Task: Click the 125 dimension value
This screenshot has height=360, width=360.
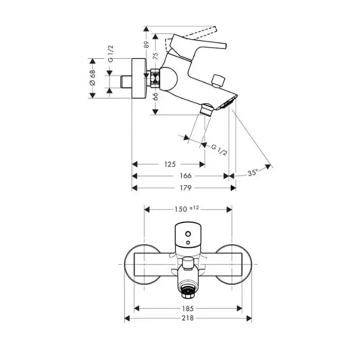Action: (x=170, y=165)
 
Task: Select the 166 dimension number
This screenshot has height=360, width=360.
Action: (x=185, y=176)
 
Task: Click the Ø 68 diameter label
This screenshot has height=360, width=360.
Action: (x=92, y=77)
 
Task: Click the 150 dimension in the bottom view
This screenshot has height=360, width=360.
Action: (x=180, y=209)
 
